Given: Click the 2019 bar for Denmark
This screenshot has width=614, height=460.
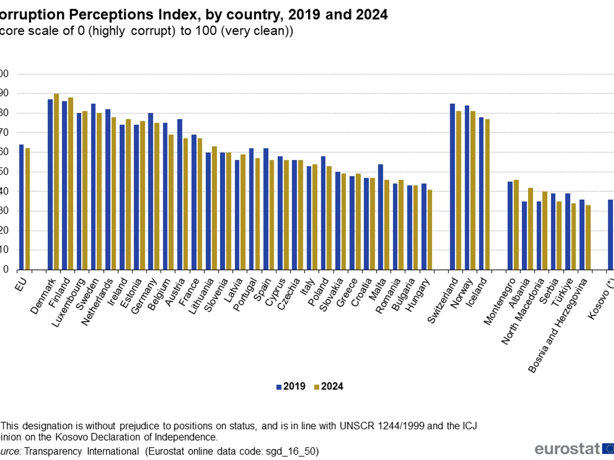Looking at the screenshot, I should (x=50, y=184).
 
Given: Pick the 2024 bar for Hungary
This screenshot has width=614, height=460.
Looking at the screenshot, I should (x=430, y=229).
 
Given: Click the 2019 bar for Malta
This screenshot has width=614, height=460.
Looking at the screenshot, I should (x=381, y=217).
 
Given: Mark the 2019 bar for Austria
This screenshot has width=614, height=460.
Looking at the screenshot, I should (x=180, y=194).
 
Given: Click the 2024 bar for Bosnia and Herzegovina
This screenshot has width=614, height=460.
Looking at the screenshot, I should (x=588, y=237).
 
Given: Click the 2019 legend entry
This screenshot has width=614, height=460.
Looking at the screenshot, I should (x=291, y=386).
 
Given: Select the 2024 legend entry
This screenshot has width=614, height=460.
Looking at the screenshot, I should (x=329, y=386).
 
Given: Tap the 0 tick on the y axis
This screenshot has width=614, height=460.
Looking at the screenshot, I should (x=6, y=269).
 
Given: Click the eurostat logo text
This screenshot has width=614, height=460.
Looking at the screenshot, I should (x=567, y=449).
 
